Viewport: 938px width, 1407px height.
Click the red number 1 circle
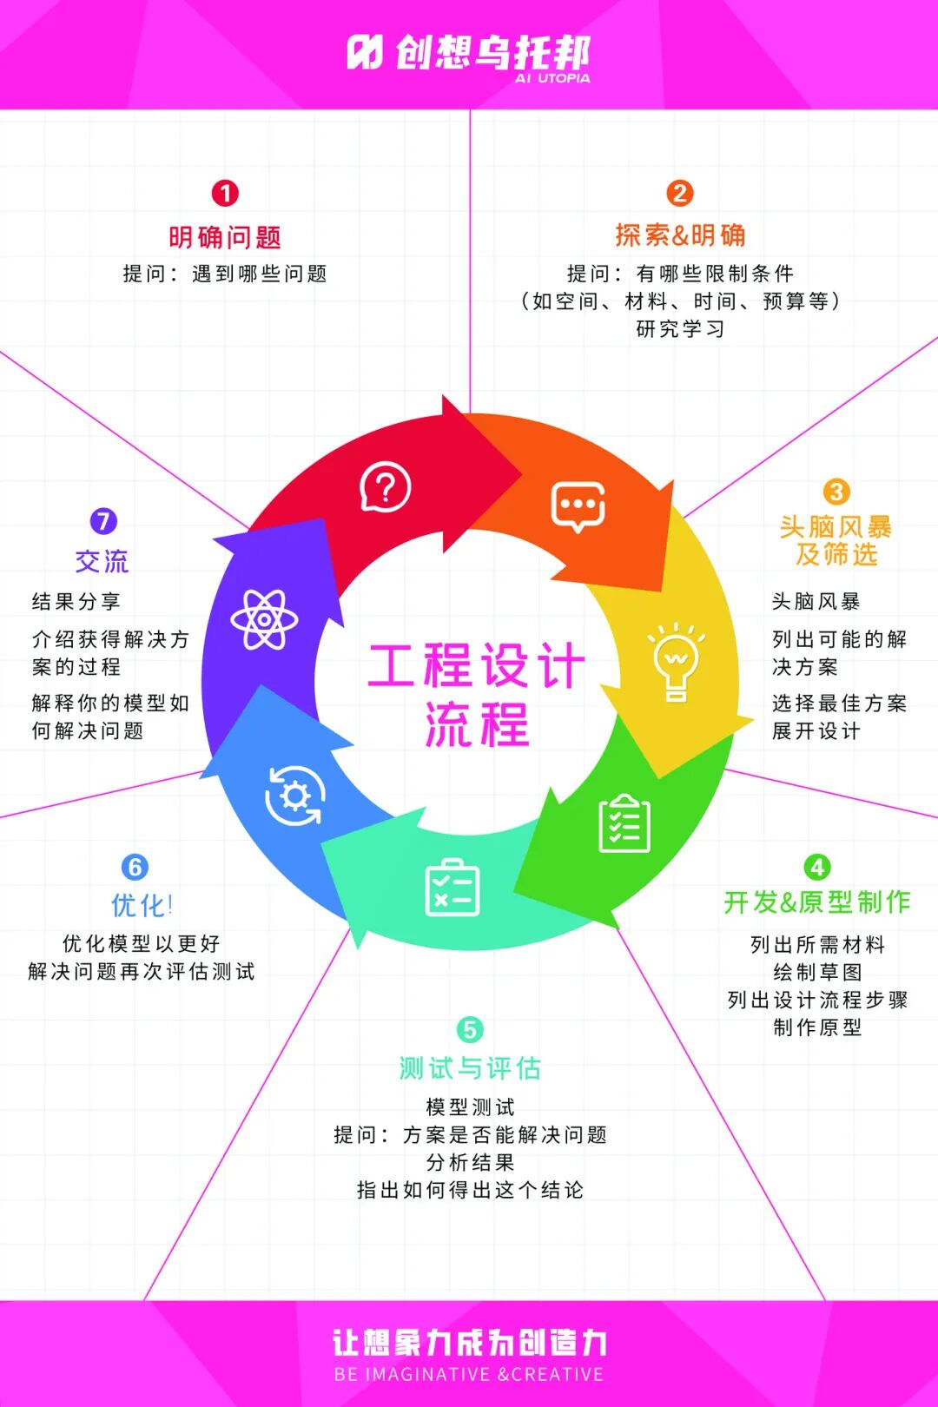[x=225, y=193]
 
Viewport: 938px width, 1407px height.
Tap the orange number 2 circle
[x=680, y=193]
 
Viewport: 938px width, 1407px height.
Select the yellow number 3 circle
[x=836, y=492]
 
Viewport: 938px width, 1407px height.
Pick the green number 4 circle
[x=816, y=867]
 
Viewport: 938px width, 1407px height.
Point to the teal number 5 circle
[x=469, y=1030]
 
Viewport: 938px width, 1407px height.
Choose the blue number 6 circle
[x=135, y=867]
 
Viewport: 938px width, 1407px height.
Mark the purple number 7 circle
[x=103, y=521]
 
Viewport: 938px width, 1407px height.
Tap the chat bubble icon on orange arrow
[x=578, y=506]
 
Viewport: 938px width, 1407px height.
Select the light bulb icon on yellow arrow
[x=677, y=661]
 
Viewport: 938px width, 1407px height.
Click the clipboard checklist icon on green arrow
[x=624, y=823]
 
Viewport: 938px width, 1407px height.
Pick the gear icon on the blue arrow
[x=295, y=796]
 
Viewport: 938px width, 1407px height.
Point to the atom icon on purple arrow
[x=264, y=619]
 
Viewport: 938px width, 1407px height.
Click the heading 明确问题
[x=225, y=237]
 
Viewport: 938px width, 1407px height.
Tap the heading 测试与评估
[x=470, y=1068]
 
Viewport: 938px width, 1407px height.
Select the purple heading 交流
[x=102, y=561]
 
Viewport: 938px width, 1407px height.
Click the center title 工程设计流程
[x=476, y=695]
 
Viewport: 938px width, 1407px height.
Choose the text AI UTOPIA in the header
[x=552, y=78]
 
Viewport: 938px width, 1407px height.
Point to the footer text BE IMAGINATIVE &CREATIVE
[x=469, y=1374]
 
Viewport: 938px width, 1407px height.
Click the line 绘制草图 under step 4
[x=817, y=972]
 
